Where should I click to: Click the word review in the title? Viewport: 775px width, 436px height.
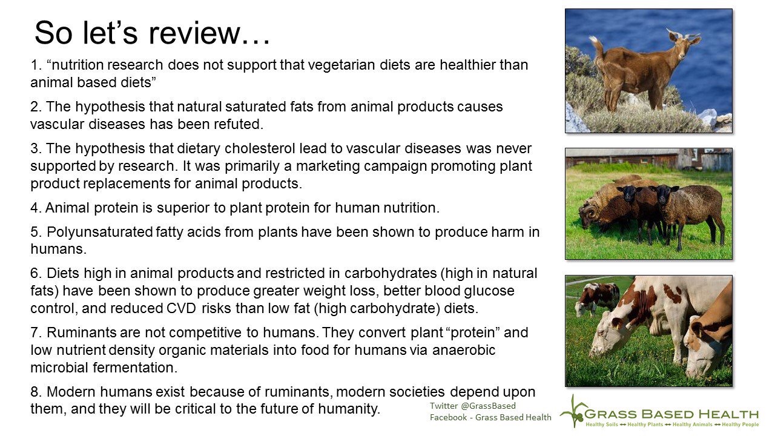[x=194, y=33]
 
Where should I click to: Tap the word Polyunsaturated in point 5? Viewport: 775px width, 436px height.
[x=100, y=232]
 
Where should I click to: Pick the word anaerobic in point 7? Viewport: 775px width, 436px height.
[x=463, y=350]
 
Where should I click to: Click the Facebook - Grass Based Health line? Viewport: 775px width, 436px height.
[x=490, y=417]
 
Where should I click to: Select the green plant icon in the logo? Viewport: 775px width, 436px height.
[x=573, y=411]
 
